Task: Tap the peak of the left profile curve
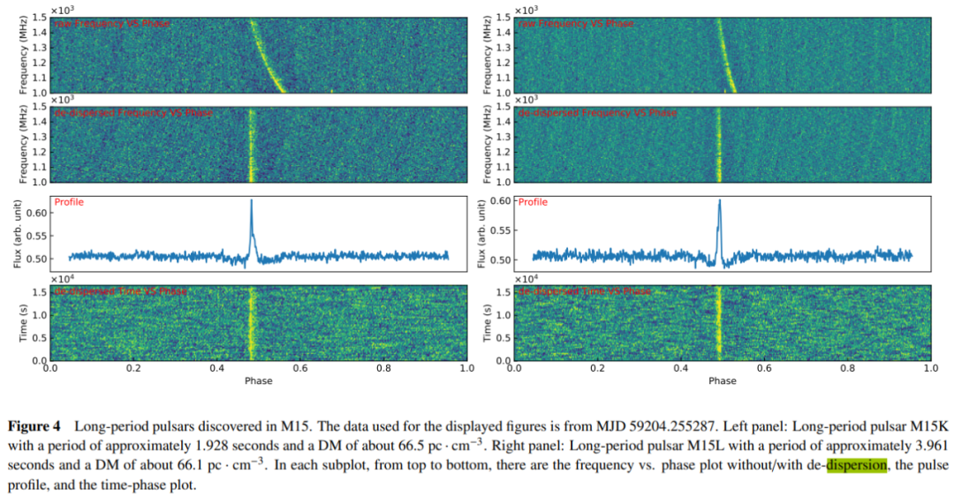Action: tap(251, 201)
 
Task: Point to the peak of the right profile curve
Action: tap(719, 200)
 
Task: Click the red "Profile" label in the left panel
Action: tap(69, 202)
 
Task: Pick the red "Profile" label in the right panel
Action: tap(533, 202)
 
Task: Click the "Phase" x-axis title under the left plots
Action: tap(258, 380)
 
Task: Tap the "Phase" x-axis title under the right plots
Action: tap(722, 380)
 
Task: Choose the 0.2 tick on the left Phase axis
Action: tap(133, 369)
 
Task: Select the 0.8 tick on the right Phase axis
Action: tap(847, 369)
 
